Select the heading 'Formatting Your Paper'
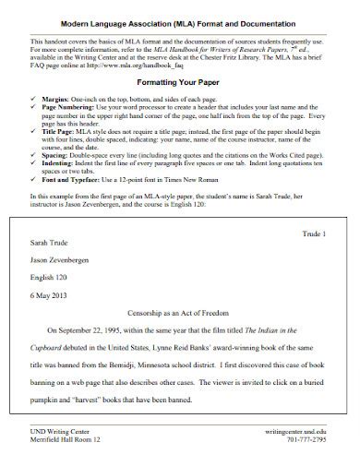click(x=180, y=83)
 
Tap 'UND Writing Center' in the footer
click(x=60, y=431)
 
